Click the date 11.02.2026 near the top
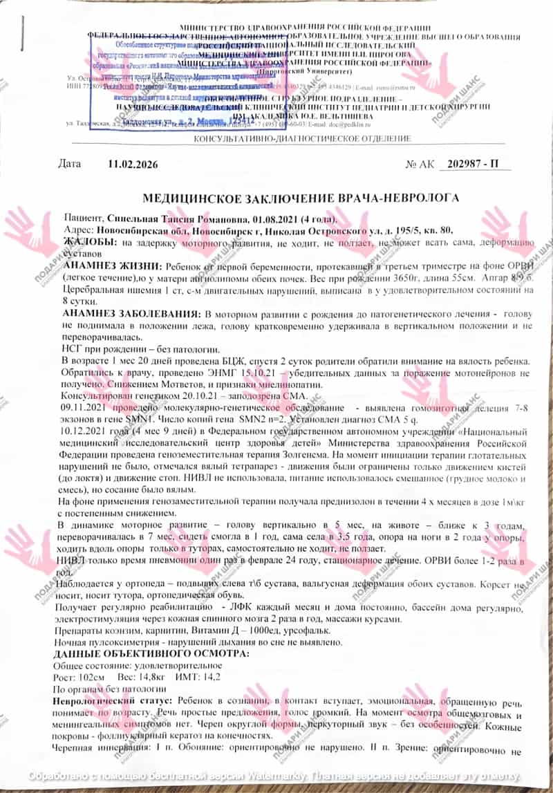(133, 165)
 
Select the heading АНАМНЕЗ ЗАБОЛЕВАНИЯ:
(133, 314)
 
